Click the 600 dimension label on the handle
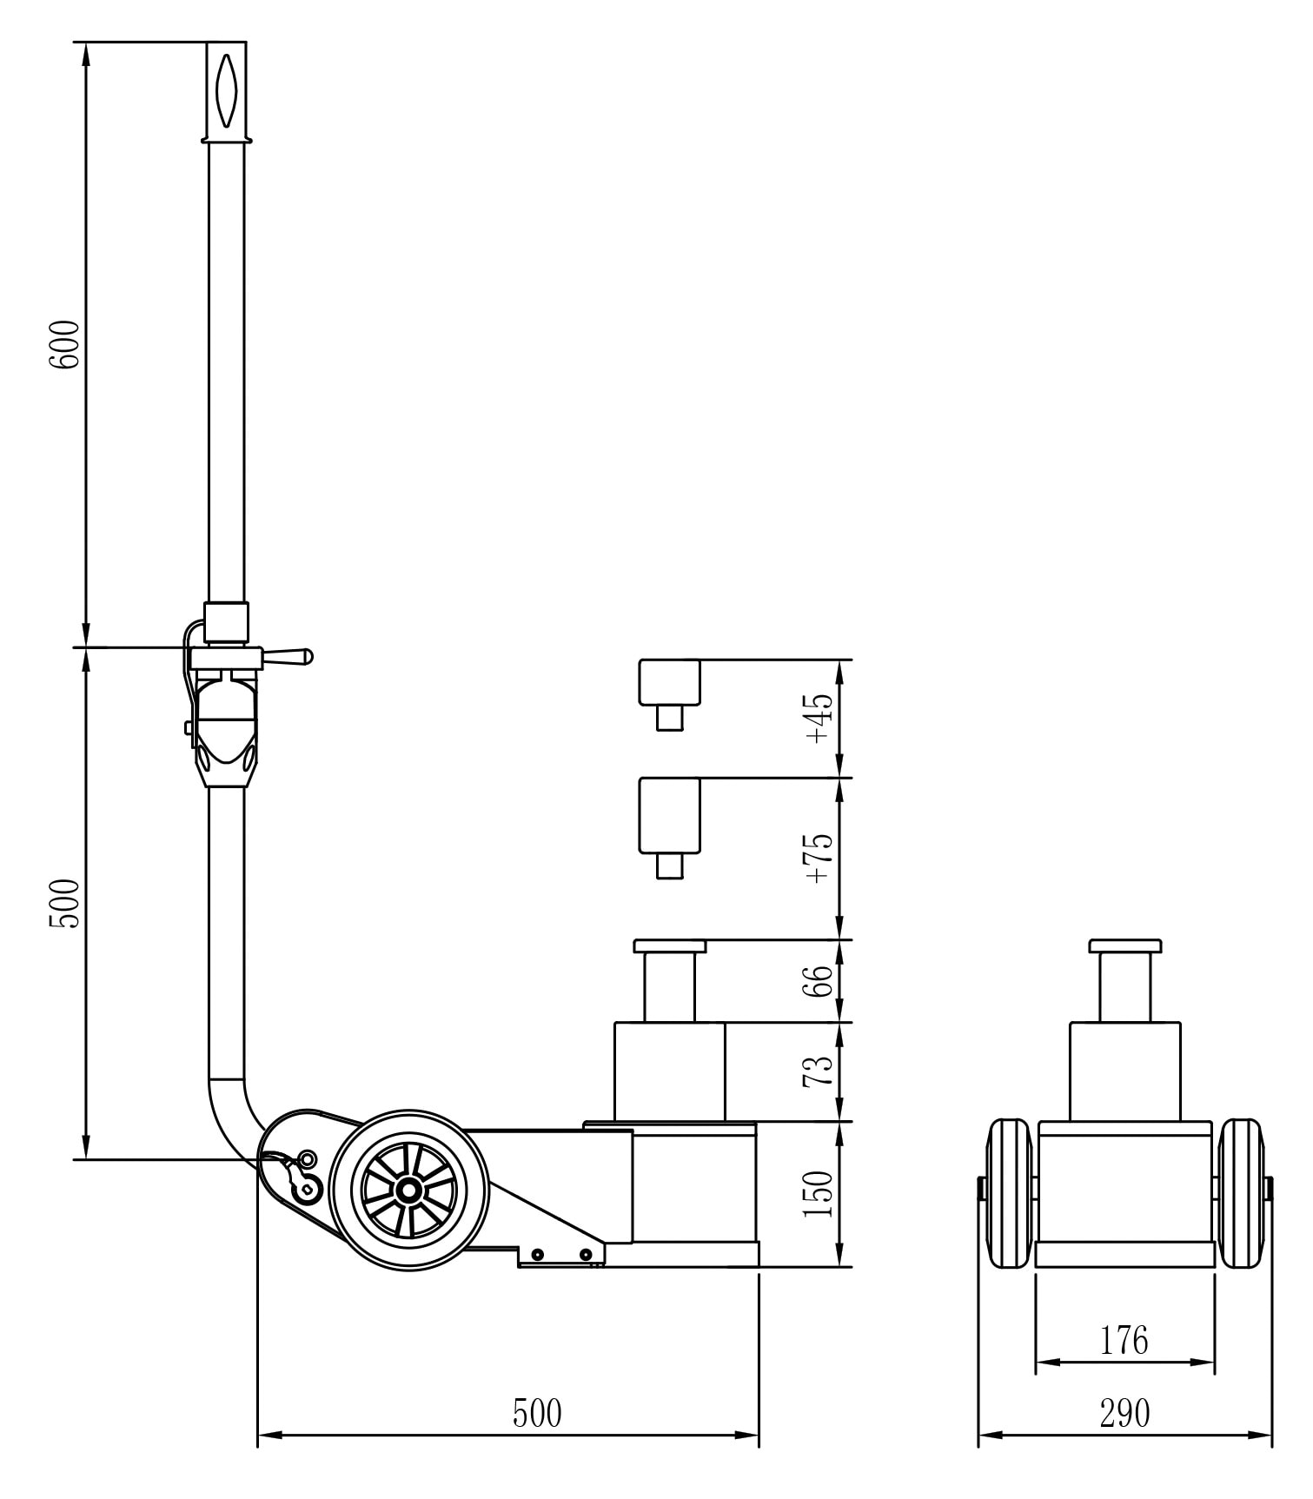[x=65, y=344]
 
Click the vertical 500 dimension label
[x=65, y=903]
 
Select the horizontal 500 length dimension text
[x=537, y=1414]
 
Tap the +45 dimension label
[x=819, y=719]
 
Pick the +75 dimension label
[x=819, y=859]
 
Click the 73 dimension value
[x=819, y=1071]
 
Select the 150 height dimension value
[x=819, y=1193]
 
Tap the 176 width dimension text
[x=1124, y=1341]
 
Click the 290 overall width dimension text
[x=1124, y=1414]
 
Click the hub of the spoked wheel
[x=407, y=1191]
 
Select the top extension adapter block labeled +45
[x=669, y=683]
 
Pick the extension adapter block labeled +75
[x=669, y=815]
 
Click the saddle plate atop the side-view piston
[x=669, y=946]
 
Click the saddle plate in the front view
[x=1124, y=946]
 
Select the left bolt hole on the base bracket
[x=539, y=1255]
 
